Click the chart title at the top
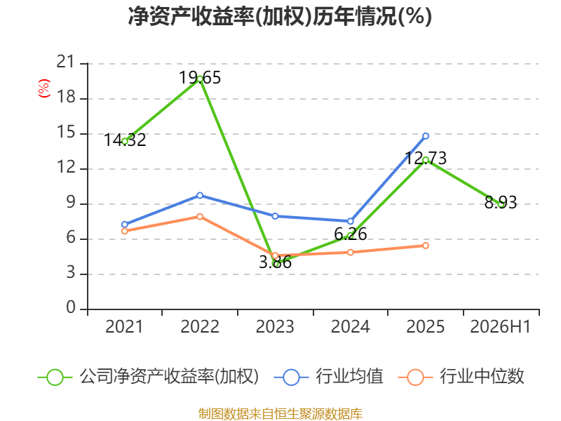click(x=280, y=16)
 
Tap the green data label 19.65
click(x=200, y=78)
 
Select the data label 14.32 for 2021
click(x=125, y=140)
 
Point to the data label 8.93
click(x=501, y=202)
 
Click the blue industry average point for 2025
click(x=426, y=136)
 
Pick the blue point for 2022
click(x=200, y=196)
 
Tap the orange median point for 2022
click(x=200, y=217)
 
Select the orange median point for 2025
click(x=426, y=246)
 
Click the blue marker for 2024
click(x=350, y=221)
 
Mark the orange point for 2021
click(x=125, y=232)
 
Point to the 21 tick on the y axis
click(x=66, y=62)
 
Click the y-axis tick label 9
click(x=71, y=203)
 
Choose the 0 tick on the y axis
click(x=71, y=307)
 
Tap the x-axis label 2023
click(x=275, y=326)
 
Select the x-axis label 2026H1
click(x=501, y=326)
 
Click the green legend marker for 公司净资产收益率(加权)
click(x=55, y=377)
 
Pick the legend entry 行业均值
click(x=349, y=377)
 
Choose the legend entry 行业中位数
click(x=482, y=377)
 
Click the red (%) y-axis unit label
click(x=44, y=88)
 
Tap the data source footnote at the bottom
click(x=280, y=413)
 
